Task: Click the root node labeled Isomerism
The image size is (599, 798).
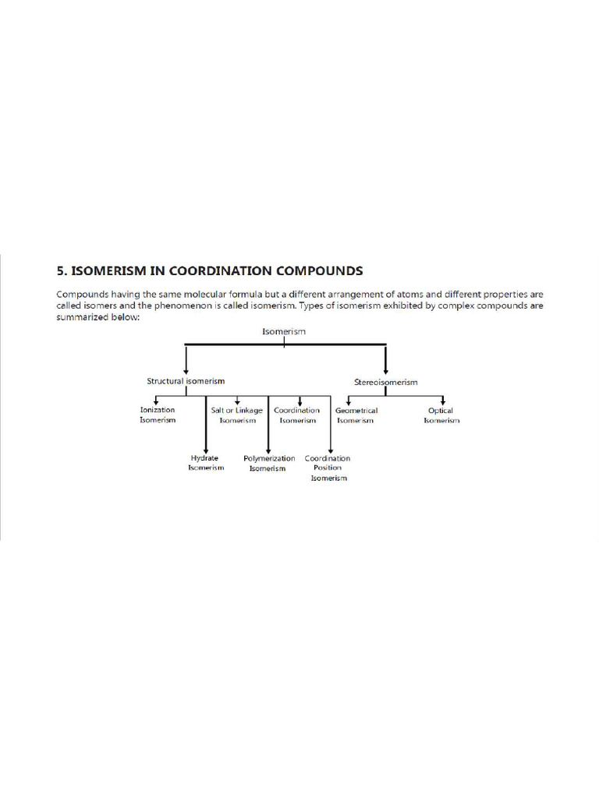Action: pyautogui.click(x=284, y=332)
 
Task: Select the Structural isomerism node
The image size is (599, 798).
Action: pyautogui.click(x=186, y=381)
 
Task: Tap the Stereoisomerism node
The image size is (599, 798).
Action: pyautogui.click(x=386, y=382)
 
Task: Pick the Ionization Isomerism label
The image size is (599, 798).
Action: pyautogui.click(x=158, y=415)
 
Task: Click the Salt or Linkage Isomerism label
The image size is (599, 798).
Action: pyautogui.click(x=237, y=415)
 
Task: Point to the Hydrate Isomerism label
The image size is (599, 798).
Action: pyautogui.click(x=206, y=463)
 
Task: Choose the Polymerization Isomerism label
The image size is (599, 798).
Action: pyautogui.click(x=268, y=464)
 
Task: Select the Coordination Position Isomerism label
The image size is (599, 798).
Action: pyautogui.click(x=328, y=468)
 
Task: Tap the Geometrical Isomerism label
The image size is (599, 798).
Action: pyautogui.click(x=356, y=415)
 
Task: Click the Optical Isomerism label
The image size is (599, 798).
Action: pyautogui.click(x=441, y=415)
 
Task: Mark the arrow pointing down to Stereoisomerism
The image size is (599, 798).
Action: pyautogui.click(x=386, y=361)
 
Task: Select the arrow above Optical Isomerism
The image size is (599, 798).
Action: pyautogui.click(x=442, y=400)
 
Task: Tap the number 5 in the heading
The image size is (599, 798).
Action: pyautogui.click(x=60, y=271)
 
